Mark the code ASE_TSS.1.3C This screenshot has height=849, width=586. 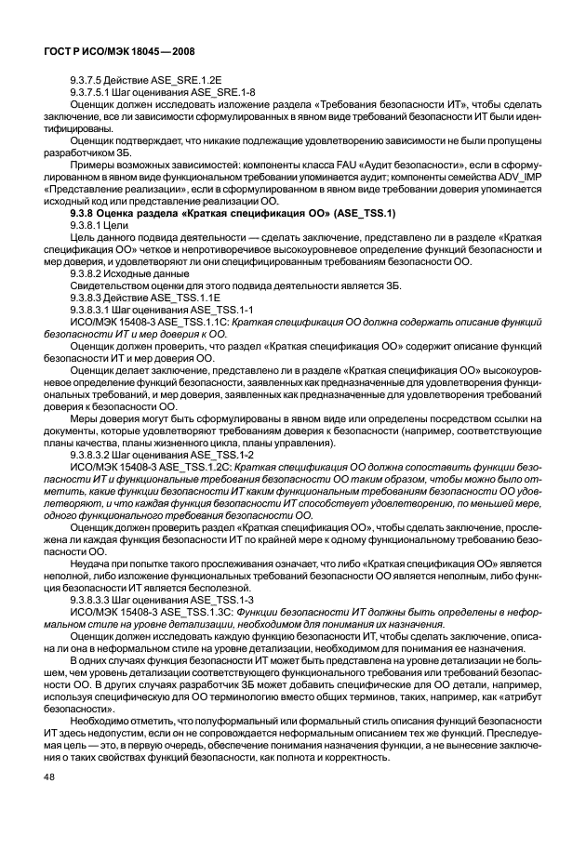196,611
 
